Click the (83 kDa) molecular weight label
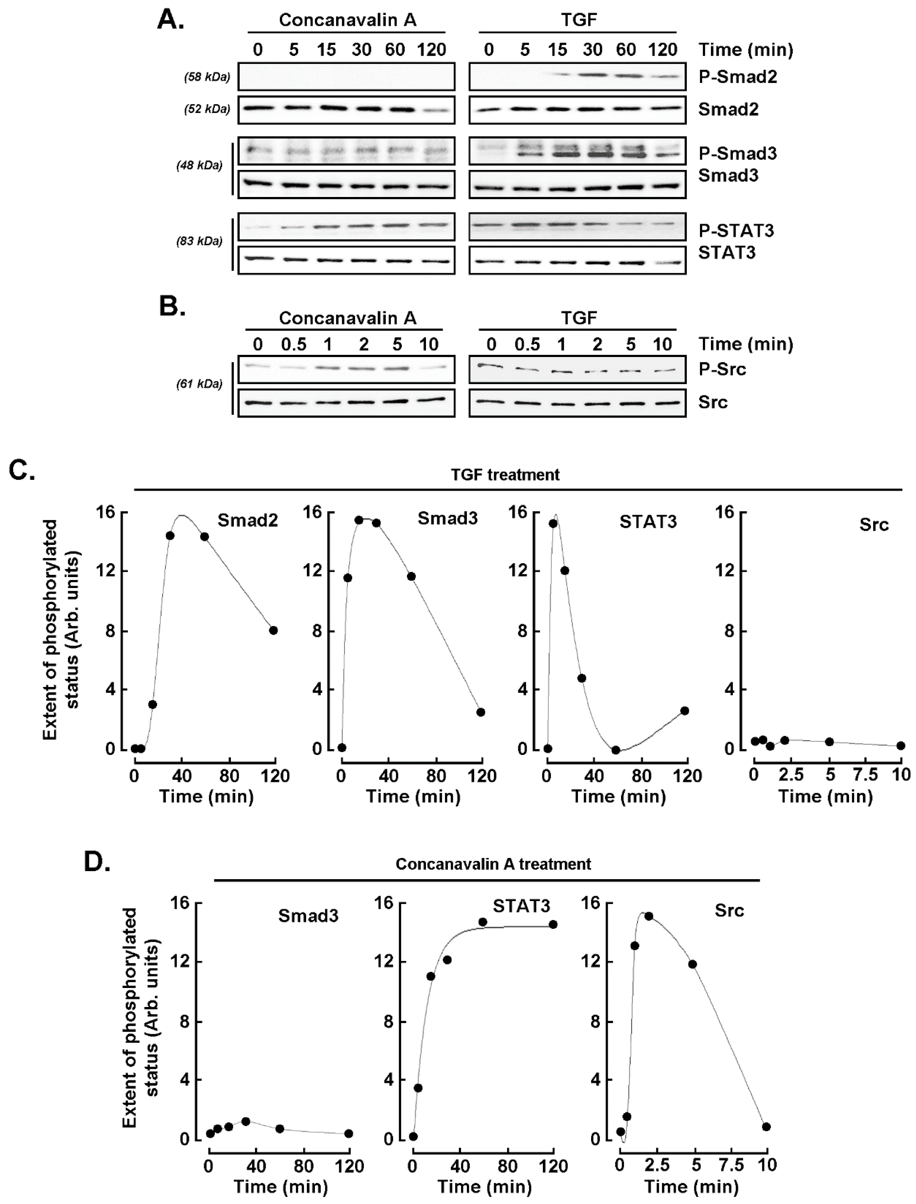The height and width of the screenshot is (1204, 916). click(x=199, y=241)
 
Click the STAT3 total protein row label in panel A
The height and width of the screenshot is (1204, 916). click(x=727, y=253)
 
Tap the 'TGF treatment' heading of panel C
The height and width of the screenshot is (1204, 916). click(x=505, y=475)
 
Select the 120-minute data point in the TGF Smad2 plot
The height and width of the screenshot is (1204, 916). click(x=273, y=631)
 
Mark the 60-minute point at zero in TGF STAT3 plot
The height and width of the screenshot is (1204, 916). click(x=615, y=750)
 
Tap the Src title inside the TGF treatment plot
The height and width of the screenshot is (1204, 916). click(x=873, y=525)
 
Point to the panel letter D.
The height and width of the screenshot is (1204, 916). click(x=97, y=862)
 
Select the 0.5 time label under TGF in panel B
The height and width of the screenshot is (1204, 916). click(x=527, y=344)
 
